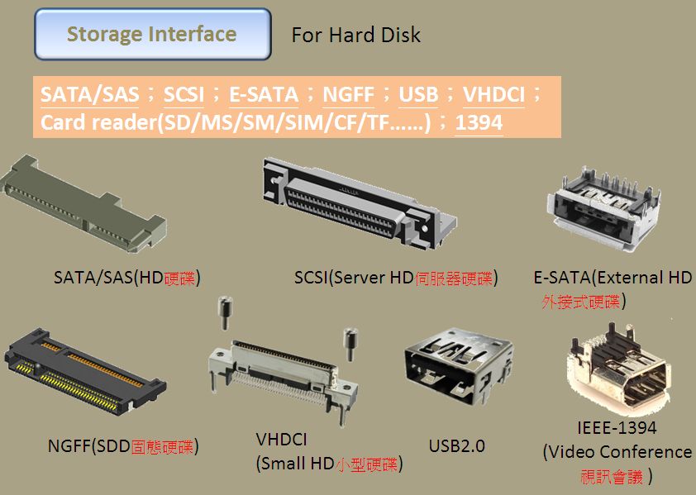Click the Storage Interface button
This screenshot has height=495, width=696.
(x=152, y=35)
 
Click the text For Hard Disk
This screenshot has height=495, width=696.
(x=356, y=36)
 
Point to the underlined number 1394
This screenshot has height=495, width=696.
(x=479, y=123)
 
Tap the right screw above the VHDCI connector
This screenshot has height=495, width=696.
(x=350, y=342)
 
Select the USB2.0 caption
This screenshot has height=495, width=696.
(x=456, y=446)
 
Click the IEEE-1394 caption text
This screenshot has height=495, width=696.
(x=617, y=428)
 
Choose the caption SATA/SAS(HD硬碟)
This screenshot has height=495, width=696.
(x=127, y=278)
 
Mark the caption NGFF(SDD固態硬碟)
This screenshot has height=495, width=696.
(x=123, y=447)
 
